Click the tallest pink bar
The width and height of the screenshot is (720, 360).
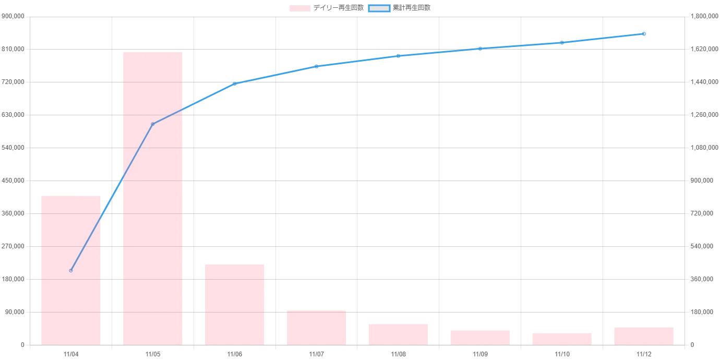click(x=152, y=198)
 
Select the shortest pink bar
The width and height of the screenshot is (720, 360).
click(x=561, y=338)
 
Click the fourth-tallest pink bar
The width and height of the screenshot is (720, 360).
click(x=316, y=327)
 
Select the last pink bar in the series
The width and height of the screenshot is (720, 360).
click(x=644, y=335)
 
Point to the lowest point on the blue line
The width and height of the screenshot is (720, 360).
click(x=71, y=270)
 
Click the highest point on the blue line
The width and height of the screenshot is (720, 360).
click(x=644, y=34)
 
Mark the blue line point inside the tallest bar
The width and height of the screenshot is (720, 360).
click(x=152, y=124)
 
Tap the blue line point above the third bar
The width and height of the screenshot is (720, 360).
click(x=235, y=83)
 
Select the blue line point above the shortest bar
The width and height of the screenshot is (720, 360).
click(x=561, y=42)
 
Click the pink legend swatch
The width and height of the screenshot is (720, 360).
click(x=300, y=8)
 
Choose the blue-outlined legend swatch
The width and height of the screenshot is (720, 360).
click(x=379, y=8)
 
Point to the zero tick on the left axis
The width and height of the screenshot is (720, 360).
click(x=22, y=346)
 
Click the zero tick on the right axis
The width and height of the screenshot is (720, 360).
click(x=692, y=346)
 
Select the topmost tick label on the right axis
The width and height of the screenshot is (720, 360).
click(x=701, y=17)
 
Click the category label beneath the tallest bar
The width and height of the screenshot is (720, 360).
click(x=152, y=355)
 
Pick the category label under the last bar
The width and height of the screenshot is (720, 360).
click(x=644, y=355)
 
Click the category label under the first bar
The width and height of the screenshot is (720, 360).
click(x=71, y=355)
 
